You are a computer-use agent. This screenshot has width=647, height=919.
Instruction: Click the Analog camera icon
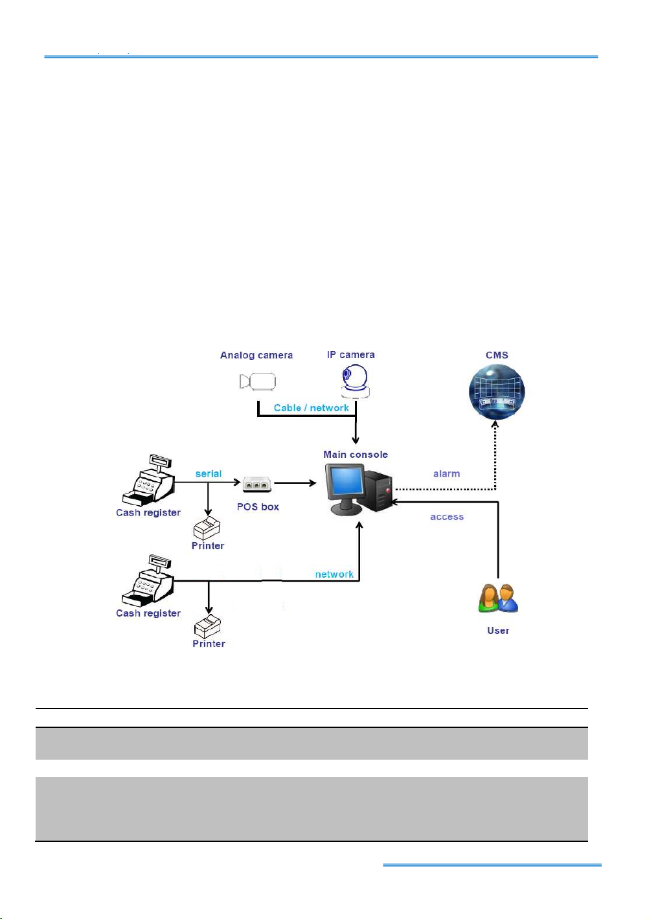tap(258, 381)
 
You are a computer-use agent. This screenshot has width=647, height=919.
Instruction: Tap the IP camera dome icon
tap(356, 381)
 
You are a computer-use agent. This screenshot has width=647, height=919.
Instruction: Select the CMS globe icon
tap(497, 392)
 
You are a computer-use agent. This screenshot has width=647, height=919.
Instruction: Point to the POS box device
tap(257, 484)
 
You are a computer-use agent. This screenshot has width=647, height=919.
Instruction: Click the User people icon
tap(498, 598)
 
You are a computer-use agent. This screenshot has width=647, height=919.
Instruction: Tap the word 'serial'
tap(209, 473)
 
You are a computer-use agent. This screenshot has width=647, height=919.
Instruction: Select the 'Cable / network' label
tap(312, 408)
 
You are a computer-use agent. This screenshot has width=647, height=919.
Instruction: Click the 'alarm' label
tap(446, 473)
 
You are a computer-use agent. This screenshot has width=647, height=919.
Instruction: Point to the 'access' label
tap(447, 517)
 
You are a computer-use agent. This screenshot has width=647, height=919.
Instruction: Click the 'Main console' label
tap(356, 454)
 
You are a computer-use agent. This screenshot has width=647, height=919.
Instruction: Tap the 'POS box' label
tap(258, 506)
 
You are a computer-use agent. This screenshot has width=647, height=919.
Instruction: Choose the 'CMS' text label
tap(497, 355)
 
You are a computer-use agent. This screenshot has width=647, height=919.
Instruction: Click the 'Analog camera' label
tap(256, 355)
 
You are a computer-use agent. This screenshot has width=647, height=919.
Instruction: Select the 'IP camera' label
tap(351, 354)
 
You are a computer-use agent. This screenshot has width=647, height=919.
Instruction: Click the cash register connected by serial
tap(148, 480)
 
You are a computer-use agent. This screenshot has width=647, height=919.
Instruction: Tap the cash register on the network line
tap(148, 580)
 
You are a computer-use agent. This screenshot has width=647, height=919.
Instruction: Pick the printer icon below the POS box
tap(207, 528)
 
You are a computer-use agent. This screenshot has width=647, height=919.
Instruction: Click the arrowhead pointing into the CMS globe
tap(495, 424)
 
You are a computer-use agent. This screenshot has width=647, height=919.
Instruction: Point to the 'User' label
tap(498, 630)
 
